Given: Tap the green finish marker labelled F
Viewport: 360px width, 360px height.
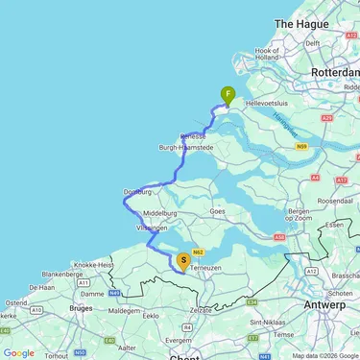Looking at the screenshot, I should pyautogui.click(x=228, y=95).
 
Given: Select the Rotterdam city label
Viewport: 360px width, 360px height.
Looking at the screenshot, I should pyautogui.click(x=332, y=72).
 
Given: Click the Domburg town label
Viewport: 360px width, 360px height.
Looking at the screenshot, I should pyautogui.click(x=138, y=192).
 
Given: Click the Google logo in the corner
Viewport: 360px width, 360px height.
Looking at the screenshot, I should pyautogui.click(x=18, y=352).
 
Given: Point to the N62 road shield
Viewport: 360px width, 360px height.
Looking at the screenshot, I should pyautogui.click(x=199, y=252).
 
